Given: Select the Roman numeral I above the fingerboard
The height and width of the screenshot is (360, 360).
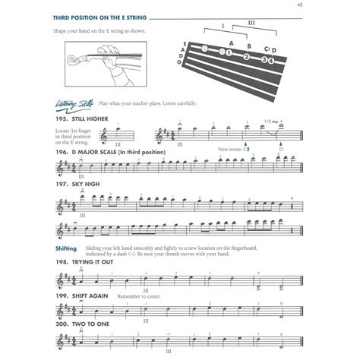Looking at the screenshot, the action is click(223, 26).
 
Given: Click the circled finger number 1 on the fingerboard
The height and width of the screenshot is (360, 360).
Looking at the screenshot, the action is click(227, 55).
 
